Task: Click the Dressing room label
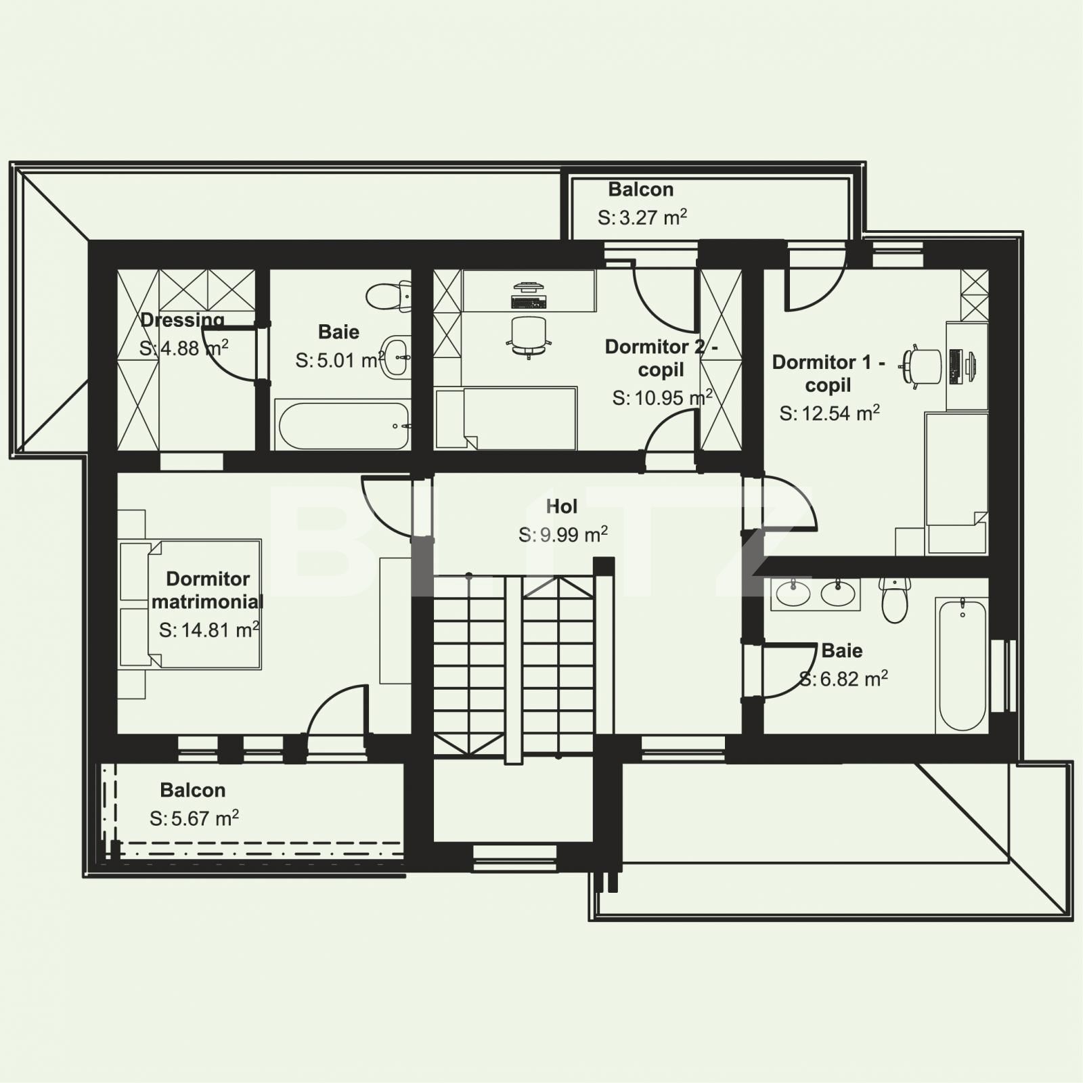(x=182, y=319)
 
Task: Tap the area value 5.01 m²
(x=340, y=360)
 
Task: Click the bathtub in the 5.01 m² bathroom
(x=343, y=426)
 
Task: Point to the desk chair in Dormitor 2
(x=528, y=335)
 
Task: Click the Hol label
(x=561, y=506)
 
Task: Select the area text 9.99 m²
(x=562, y=535)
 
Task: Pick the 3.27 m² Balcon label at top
(x=640, y=190)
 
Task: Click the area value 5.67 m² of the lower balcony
(x=194, y=818)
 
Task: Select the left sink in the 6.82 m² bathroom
(x=792, y=594)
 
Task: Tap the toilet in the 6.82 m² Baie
(x=895, y=600)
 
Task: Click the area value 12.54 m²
(x=829, y=413)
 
